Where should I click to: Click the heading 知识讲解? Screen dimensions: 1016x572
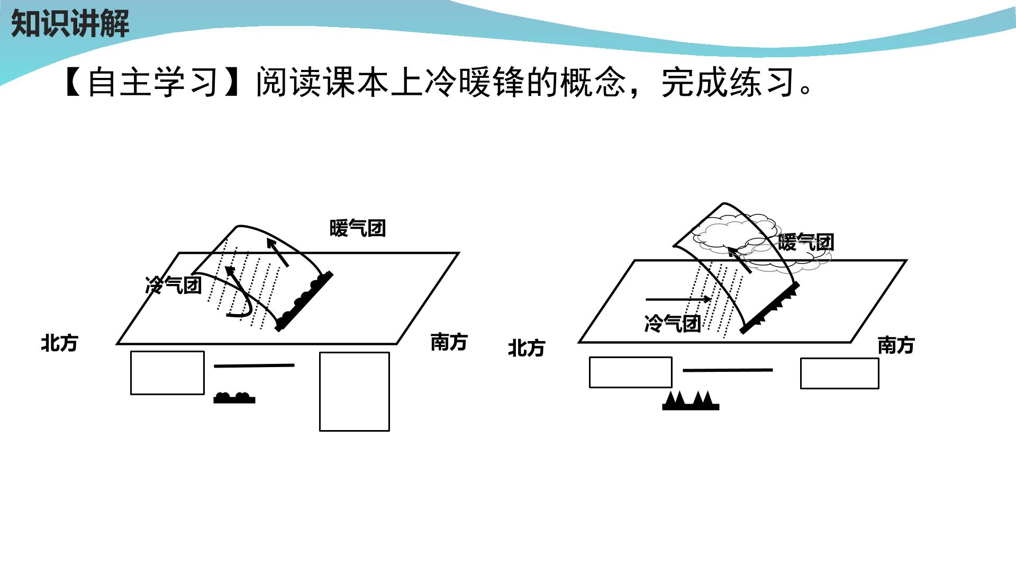pyautogui.click(x=70, y=24)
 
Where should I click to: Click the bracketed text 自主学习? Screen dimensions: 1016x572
pyautogui.click(x=152, y=82)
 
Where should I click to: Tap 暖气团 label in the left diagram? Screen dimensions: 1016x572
pyautogui.click(x=358, y=228)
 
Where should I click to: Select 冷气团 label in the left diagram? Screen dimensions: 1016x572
pyautogui.click(x=174, y=285)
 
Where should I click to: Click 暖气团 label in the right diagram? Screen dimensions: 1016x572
pyautogui.click(x=806, y=243)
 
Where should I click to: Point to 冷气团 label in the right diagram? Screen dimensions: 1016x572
pyautogui.click(x=673, y=323)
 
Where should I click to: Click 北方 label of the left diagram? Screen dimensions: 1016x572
pyautogui.click(x=60, y=343)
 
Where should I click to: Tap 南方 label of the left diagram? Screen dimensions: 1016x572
pyautogui.click(x=449, y=342)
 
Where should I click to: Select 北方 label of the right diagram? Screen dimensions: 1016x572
pyautogui.click(x=527, y=348)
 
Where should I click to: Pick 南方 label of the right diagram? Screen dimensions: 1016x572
pyautogui.click(x=896, y=345)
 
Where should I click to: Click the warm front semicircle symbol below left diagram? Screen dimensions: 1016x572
pyautogui.click(x=234, y=398)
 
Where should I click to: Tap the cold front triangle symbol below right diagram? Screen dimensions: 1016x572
pyautogui.click(x=691, y=400)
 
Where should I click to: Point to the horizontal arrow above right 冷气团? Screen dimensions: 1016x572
pyautogui.click(x=679, y=299)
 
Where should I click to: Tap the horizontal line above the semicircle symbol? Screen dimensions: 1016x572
pyautogui.click(x=254, y=365)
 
